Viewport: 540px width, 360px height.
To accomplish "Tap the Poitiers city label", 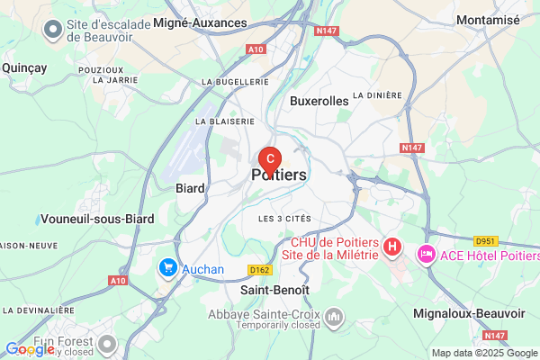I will click(280, 175).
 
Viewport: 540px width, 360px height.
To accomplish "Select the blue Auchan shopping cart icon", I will click(167, 267).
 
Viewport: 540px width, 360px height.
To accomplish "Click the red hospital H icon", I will click(392, 245).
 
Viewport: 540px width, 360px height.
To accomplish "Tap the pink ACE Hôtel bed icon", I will click(426, 256).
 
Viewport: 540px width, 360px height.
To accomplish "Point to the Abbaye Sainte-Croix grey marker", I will click(335, 317).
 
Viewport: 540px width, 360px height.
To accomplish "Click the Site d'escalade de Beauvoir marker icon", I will click(53, 30).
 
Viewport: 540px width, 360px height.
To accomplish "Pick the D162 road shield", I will click(260, 269).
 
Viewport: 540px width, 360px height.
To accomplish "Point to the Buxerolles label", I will click(319, 102).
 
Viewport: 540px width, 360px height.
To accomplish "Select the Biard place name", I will click(190, 189).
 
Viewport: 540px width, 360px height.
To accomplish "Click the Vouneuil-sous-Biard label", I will click(97, 219).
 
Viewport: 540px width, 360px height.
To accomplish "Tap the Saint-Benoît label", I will click(274, 291).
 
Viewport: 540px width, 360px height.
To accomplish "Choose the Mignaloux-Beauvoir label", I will click(468, 313).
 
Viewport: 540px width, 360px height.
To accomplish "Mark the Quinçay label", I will click(24, 67).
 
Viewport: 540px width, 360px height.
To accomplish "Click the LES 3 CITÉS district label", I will click(283, 219).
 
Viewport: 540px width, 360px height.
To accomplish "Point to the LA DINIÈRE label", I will click(376, 94).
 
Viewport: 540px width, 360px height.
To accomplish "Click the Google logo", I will click(30, 349).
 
